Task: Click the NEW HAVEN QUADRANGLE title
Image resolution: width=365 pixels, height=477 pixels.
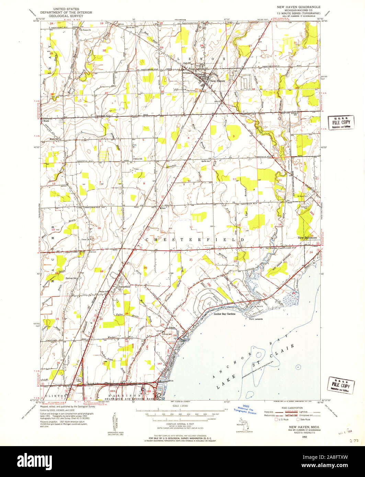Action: [x=298, y=7]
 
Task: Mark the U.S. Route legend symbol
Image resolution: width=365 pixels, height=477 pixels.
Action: [x=276, y=419]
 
